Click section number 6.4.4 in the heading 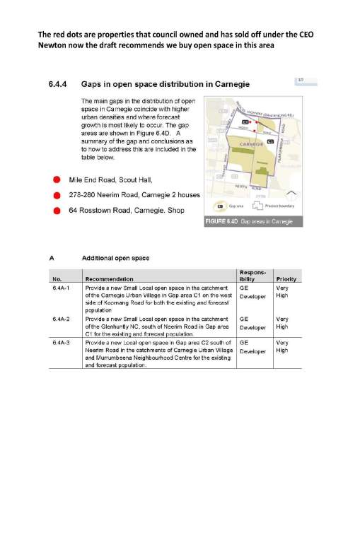tap(57, 85)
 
